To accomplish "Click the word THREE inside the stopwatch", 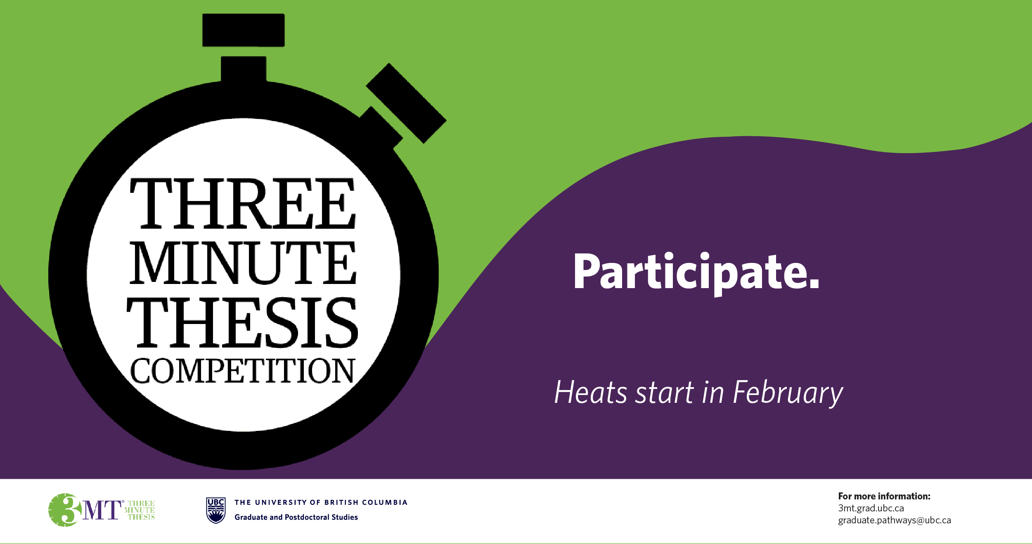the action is pos(243,203).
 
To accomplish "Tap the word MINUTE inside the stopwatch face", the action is pos(243,263).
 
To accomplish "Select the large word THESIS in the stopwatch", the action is pos(242,322).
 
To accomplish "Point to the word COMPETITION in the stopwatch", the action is pos(242,371).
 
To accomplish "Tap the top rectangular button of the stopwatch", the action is pos(244,30).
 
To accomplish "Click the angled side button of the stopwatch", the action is pos(406,103).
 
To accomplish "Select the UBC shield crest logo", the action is pos(215,510).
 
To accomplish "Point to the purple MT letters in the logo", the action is pos(102,510).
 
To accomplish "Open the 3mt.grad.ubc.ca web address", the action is pos(871,508).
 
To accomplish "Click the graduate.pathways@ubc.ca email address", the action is pos(894,520).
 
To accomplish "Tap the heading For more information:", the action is pos(884,496).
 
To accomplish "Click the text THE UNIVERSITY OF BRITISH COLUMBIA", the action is pos(321,502).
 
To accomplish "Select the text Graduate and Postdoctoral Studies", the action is pos(296,517).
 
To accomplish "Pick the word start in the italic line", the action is pos(665,393).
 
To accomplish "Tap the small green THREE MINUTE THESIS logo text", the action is pos(140,510).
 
